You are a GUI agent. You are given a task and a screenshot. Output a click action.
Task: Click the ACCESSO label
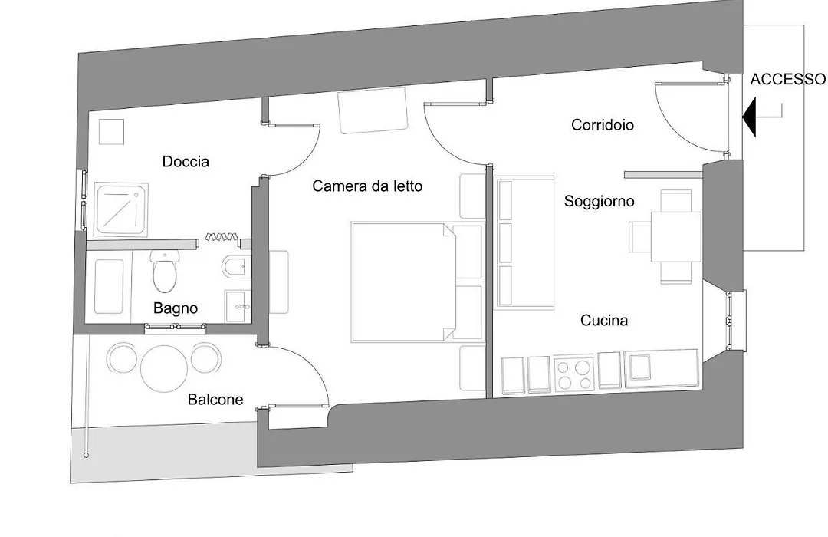(x=788, y=79)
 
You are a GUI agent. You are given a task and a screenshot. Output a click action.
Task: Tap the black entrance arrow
(x=750, y=117)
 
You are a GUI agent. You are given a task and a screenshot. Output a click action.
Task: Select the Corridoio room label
(x=603, y=125)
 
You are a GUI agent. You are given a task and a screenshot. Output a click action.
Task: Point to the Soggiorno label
(x=600, y=201)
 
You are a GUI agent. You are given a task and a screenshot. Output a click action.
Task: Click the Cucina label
(x=604, y=321)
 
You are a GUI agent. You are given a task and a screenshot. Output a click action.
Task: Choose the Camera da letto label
(x=367, y=186)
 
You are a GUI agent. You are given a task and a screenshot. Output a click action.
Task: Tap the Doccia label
(x=186, y=162)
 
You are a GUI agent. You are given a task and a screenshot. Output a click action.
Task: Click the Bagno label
(x=176, y=308)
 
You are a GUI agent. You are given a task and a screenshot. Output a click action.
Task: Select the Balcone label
(x=215, y=400)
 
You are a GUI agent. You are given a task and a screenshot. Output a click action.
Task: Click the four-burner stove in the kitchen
(x=574, y=374)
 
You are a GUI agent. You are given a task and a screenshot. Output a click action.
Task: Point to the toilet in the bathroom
(x=165, y=271)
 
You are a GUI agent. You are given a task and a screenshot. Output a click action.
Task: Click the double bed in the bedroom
(x=417, y=282)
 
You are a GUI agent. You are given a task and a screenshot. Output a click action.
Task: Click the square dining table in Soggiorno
(x=676, y=237)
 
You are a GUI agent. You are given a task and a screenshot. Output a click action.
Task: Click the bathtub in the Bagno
(x=109, y=286)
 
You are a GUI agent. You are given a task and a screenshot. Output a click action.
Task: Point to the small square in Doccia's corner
(x=111, y=132)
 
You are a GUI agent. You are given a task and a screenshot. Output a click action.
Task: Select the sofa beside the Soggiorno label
(x=524, y=242)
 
